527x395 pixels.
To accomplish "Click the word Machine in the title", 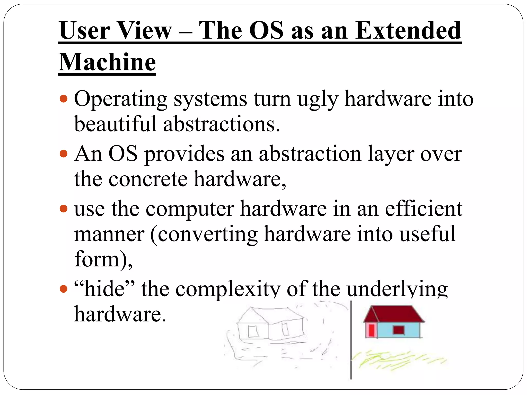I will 107,62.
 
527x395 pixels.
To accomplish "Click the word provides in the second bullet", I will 184,154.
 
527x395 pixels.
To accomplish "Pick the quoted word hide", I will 104,289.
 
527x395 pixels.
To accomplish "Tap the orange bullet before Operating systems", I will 63,99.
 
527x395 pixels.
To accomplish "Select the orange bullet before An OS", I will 63,154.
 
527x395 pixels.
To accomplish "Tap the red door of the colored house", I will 371,330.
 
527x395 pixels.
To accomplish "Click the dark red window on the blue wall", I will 399,330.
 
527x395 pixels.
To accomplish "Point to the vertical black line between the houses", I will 351,339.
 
